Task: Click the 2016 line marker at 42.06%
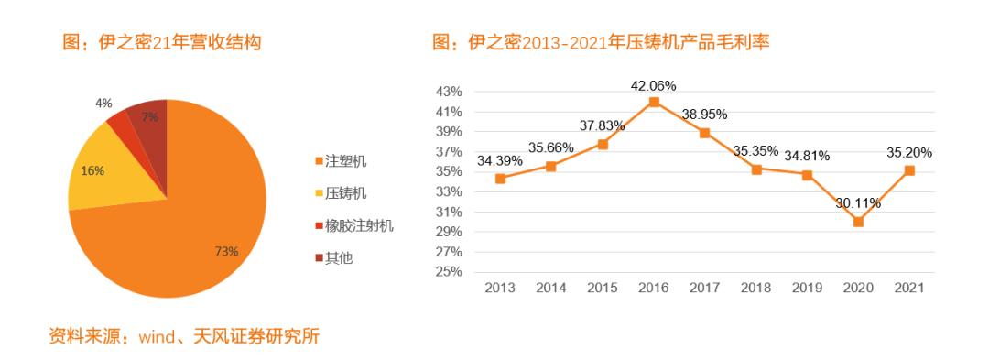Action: (x=653, y=103)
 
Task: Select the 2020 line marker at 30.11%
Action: (x=858, y=222)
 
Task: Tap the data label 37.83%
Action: (x=603, y=125)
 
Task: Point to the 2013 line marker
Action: (x=500, y=179)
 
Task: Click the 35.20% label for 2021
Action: (x=908, y=153)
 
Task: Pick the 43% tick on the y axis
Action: (x=449, y=92)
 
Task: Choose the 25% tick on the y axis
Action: (x=449, y=272)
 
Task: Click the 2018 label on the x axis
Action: (x=755, y=288)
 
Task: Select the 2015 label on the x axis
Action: (x=603, y=288)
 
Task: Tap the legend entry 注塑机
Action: (x=347, y=161)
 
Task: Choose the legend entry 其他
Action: (x=339, y=258)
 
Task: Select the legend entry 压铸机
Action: (x=347, y=193)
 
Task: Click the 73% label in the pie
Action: (x=226, y=251)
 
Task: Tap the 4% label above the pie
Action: (x=103, y=104)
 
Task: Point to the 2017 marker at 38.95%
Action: (x=704, y=133)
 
